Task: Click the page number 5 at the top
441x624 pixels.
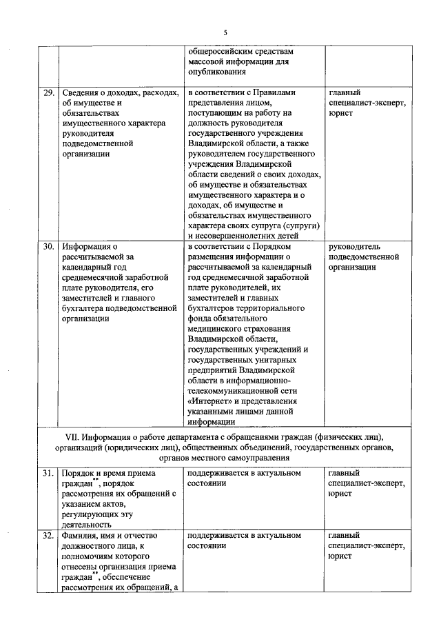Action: [x=225, y=32]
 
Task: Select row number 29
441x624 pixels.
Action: [x=48, y=93]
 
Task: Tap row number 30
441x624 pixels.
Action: [x=48, y=245]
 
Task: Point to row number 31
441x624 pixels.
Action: [x=48, y=474]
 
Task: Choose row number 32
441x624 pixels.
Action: [x=48, y=536]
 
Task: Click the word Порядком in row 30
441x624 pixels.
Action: [x=275, y=245]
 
